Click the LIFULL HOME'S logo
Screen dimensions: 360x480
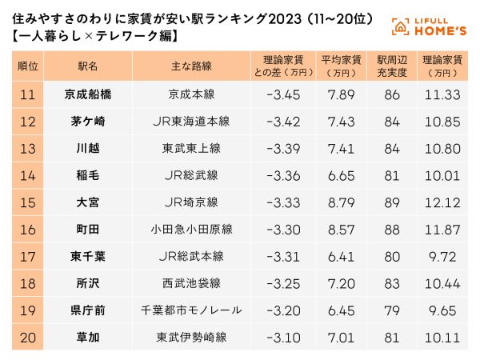(430, 26)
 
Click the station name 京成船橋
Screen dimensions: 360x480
(87, 94)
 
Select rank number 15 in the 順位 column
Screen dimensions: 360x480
(27, 202)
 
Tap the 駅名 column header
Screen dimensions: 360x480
(87, 65)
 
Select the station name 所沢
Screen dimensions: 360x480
(87, 283)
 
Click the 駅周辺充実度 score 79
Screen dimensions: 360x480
(391, 310)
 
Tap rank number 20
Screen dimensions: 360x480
(27, 338)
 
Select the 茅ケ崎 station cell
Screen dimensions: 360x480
(87, 121)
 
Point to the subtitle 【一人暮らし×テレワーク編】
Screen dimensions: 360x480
(94, 37)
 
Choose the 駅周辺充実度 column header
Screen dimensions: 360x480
(391, 65)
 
